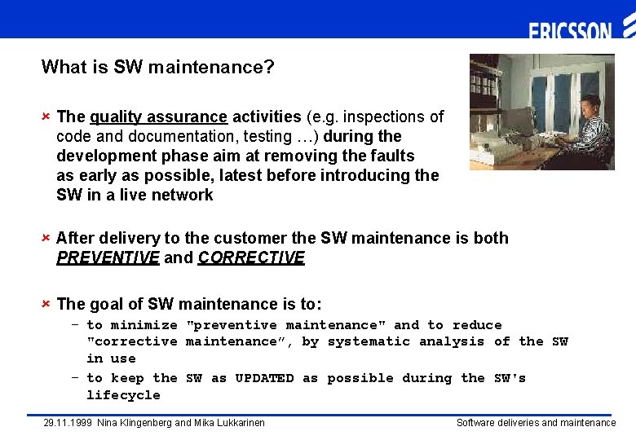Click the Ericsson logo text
[x=570, y=32]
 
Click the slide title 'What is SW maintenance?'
[x=157, y=67]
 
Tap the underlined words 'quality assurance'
[x=158, y=117]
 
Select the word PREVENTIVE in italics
[x=108, y=258]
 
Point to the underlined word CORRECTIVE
[x=251, y=258]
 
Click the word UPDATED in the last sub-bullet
[x=264, y=378]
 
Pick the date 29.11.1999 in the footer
[x=68, y=423]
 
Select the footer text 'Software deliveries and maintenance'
[x=536, y=423]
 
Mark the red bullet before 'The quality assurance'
[x=46, y=117]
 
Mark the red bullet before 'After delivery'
[x=46, y=238]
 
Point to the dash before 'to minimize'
[x=74, y=325]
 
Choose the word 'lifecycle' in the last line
[x=123, y=395]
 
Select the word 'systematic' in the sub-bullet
[x=369, y=341]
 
